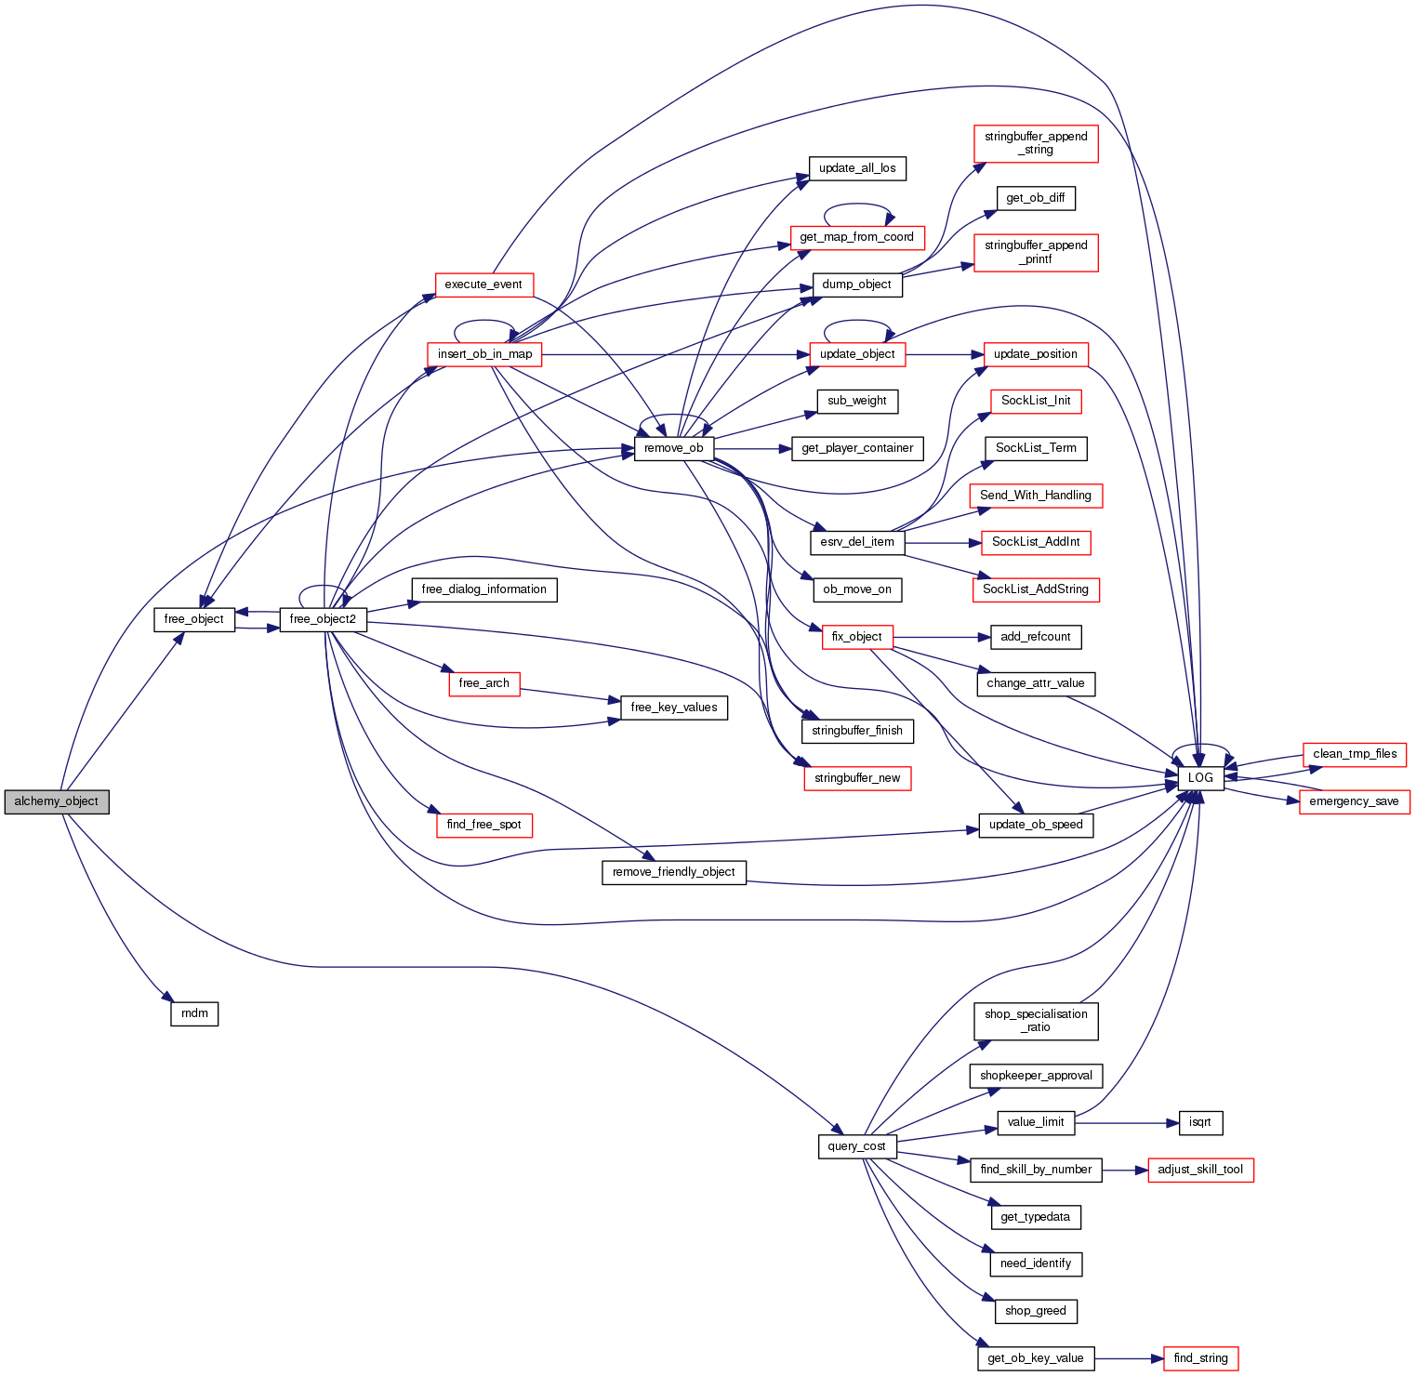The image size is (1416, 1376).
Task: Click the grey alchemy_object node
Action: tap(57, 801)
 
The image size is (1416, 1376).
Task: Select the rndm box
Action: tap(194, 1013)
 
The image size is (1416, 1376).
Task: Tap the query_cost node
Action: tap(856, 1146)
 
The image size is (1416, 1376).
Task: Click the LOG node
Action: tap(1200, 778)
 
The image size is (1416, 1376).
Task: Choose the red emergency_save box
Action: tap(1354, 801)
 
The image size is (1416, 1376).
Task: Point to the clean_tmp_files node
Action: tap(1355, 754)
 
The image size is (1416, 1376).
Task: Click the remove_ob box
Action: tap(674, 448)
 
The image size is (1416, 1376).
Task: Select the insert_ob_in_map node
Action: tap(484, 354)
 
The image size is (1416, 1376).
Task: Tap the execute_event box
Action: tap(483, 284)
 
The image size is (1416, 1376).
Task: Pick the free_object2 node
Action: tap(323, 619)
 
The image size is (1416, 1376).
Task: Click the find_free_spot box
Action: tap(483, 825)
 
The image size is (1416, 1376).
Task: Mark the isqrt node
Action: tap(1200, 1122)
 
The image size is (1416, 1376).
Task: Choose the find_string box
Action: tap(1200, 1358)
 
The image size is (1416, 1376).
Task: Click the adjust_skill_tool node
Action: tap(1200, 1170)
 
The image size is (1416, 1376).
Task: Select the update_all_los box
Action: tap(857, 168)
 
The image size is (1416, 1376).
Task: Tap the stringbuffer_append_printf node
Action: tap(1036, 252)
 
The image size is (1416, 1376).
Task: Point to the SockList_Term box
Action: tap(1036, 448)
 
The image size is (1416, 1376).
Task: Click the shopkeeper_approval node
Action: tap(1036, 1076)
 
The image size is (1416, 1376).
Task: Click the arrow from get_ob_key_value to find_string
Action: tap(1129, 1358)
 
